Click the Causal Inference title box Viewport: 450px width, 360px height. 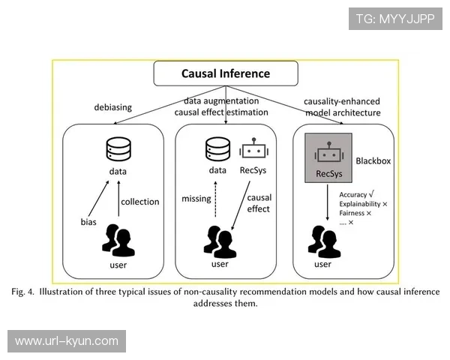225,73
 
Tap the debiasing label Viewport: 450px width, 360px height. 113,106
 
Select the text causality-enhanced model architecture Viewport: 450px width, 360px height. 342,106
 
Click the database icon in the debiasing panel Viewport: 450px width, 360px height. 117,148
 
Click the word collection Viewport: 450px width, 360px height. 140,201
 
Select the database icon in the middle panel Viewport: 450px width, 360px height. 217,148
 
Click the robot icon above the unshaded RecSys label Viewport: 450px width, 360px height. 253,148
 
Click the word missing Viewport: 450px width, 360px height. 196,199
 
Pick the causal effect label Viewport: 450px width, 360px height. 259,202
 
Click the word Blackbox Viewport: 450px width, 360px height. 372,160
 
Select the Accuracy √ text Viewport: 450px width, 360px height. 358,194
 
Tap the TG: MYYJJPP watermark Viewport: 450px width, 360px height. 395,19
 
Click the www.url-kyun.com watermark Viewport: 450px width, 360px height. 67,341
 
